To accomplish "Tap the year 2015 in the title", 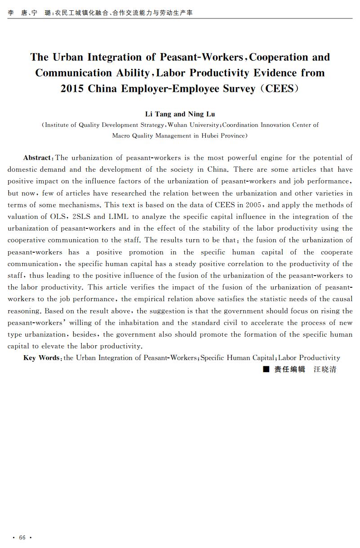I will pyautogui.click(x=72, y=88).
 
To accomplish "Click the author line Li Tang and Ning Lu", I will pyautogui.click(x=180, y=114).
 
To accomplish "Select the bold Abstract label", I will pyautogui.click(x=37, y=158).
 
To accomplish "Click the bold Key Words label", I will pyautogui.click(x=42, y=358).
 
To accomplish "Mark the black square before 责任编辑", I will pyautogui.click(x=266, y=370).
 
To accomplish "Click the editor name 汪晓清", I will pyautogui.click(x=325, y=370).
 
